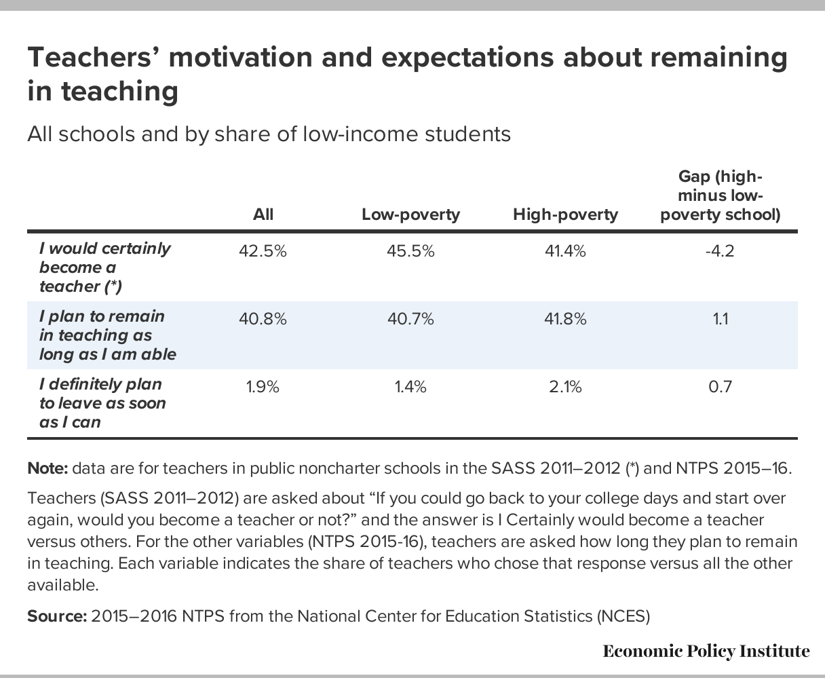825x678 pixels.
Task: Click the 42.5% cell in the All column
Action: pyautogui.click(x=263, y=251)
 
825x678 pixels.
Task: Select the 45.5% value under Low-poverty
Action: pyautogui.click(x=410, y=251)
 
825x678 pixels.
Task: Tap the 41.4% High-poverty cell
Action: pyautogui.click(x=565, y=251)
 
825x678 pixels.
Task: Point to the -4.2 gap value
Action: pyautogui.click(x=720, y=251)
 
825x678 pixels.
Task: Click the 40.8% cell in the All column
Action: pyautogui.click(x=263, y=319)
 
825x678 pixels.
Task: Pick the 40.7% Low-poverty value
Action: pyautogui.click(x=410, y=319)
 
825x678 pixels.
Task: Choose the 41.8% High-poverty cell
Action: pyautogui.click(x=565, y=319)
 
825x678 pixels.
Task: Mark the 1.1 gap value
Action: pyautogui.click(x=720, y=319)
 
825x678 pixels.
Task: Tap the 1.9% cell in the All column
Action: pyautogui.click(x=263, y=387)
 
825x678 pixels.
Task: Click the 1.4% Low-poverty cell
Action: pyautogui.click(x=410, y=387)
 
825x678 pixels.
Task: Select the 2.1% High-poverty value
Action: pyautogui.click(x=565, y=387)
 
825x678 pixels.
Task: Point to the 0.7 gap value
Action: pyautogui.click(x=720, y=387)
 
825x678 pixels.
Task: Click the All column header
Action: pyautogui.click(x=263, y=214)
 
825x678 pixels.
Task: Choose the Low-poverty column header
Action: pyautogui.click(x=410, y=214)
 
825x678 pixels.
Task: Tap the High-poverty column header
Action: pyautogui.click(x=565, y=214)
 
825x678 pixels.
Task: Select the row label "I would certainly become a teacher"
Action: pyautogui.click(x=105, y=267)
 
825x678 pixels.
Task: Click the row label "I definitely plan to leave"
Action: pyautogui.click(x=102, y=403)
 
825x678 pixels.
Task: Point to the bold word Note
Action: pyautogui.click(x=47, y=468)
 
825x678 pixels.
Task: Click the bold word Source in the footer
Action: pyautogui.click(x=57, y=616)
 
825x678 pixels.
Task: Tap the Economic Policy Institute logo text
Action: pyautogui.click(x=706, y=652)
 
